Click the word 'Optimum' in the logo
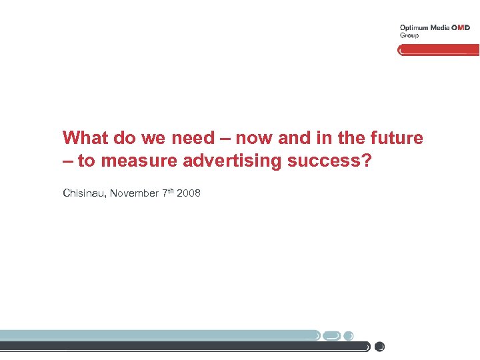coord(413,28)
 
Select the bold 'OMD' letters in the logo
coord(461,28)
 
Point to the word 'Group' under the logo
coord(409,35)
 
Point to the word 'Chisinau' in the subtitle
coord(84,193)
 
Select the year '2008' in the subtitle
coord(189,193)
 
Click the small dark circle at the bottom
coord(380,347)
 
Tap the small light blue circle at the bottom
coord(349,335)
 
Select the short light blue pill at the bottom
coord(333,335)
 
